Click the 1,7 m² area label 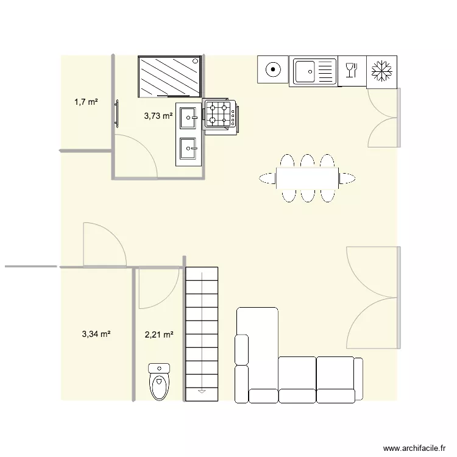[86, 102]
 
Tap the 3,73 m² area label [158, 116]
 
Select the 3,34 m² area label [96, 334]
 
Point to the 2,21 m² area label [159, 334]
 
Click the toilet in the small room [159, 384]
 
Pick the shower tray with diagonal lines [169, 76]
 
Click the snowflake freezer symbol [382, 71]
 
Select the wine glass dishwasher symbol [352, 71]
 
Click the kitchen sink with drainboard [313, 71]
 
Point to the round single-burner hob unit [274, 70]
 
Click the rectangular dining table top [308, 178]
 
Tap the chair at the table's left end [267, 178]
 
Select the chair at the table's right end [347, 178]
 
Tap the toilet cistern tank [159, 368]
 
